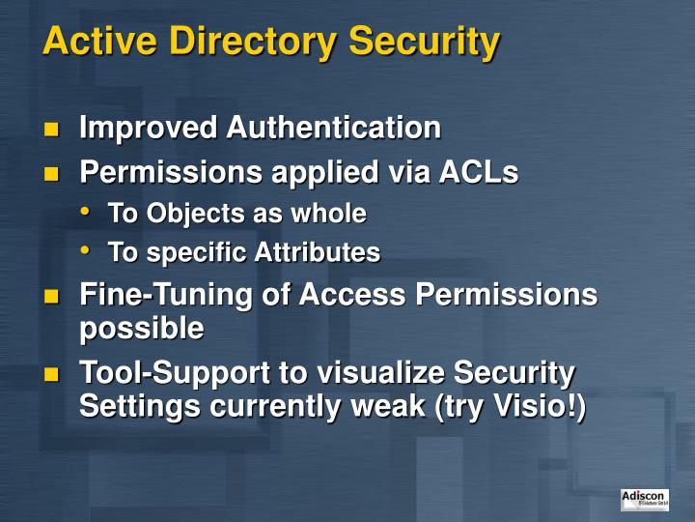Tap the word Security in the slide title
click(425, 42)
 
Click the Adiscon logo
click(644, 499)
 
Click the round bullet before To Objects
click(87, 211)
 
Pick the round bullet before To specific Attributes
click(87, 251)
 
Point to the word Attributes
click(317, 253)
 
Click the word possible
click(141, 329)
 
